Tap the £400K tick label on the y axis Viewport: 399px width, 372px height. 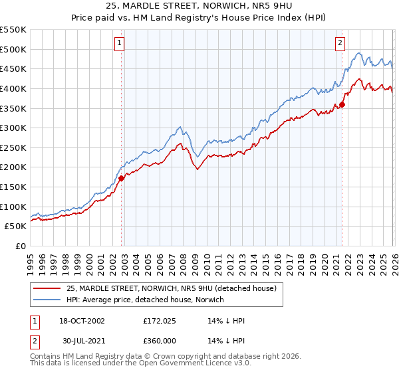pos(13,88)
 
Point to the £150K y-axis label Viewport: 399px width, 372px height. pos(13,187)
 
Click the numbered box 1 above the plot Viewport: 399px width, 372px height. pos(119,43)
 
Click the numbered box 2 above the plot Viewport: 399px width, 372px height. pos(340,43)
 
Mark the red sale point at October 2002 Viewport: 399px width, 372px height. pos(122,178)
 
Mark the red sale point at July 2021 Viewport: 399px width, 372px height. pos(342,104)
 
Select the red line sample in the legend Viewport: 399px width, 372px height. pos(47,288)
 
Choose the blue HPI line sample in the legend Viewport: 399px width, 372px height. pos(47,300)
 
